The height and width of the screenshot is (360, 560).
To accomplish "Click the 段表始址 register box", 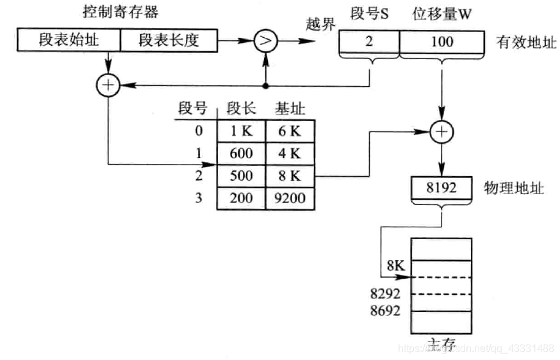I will coord(68,41).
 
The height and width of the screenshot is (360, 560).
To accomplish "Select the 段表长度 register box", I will coord(169,41).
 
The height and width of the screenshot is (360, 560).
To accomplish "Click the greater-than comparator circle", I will coord(265,41).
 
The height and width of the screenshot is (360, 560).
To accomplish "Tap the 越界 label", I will coord(320,25).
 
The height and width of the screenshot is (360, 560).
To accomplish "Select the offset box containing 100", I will coord(441,42).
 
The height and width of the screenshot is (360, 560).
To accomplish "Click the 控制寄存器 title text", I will coord(120,12).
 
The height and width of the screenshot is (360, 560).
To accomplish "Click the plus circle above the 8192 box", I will coord(441,132).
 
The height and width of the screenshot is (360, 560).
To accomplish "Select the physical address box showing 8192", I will coord(441,188).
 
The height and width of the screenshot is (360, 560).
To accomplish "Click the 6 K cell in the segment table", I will coord(290,131).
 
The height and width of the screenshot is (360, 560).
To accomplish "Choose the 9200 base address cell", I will coord(290,198).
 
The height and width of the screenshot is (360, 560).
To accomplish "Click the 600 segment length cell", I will coord(241,154).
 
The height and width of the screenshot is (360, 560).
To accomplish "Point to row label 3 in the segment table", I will coord(198,198).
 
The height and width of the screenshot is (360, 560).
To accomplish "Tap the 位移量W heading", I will coord(441,13).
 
